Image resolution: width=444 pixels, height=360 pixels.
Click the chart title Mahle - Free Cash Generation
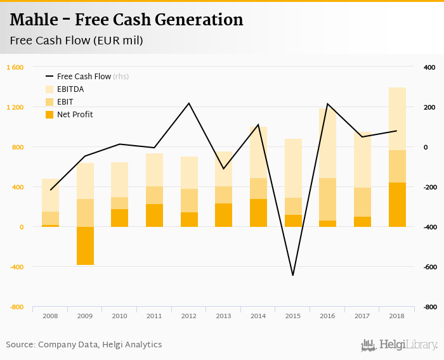[x=126, y=20]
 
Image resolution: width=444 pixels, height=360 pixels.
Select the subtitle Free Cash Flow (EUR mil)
[x=76, y=41]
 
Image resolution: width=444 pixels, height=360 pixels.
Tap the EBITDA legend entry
[x=70, y=89]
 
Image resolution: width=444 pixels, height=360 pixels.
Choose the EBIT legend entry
[x=65, y=102]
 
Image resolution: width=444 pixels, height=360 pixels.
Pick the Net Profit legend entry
[x=74, y=115]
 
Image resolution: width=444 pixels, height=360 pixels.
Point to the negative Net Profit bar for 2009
[x=85, y=246]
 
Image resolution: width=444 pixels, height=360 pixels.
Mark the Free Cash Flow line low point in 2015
[x=293, y=275]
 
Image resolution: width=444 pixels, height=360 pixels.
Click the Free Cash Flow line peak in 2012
[x=189, y=103]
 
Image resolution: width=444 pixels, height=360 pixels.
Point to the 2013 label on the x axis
[x=223, y=315]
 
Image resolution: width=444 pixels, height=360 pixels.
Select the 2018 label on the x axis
[x=397, y=315]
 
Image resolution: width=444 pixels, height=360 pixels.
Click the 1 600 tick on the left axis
[x=15, y=68]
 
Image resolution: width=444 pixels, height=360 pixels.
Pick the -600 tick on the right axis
[x=430, y=267]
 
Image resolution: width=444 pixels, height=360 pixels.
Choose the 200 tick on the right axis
[x=430, y=108]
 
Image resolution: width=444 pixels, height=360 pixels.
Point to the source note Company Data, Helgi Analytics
[x=84, y=345]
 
